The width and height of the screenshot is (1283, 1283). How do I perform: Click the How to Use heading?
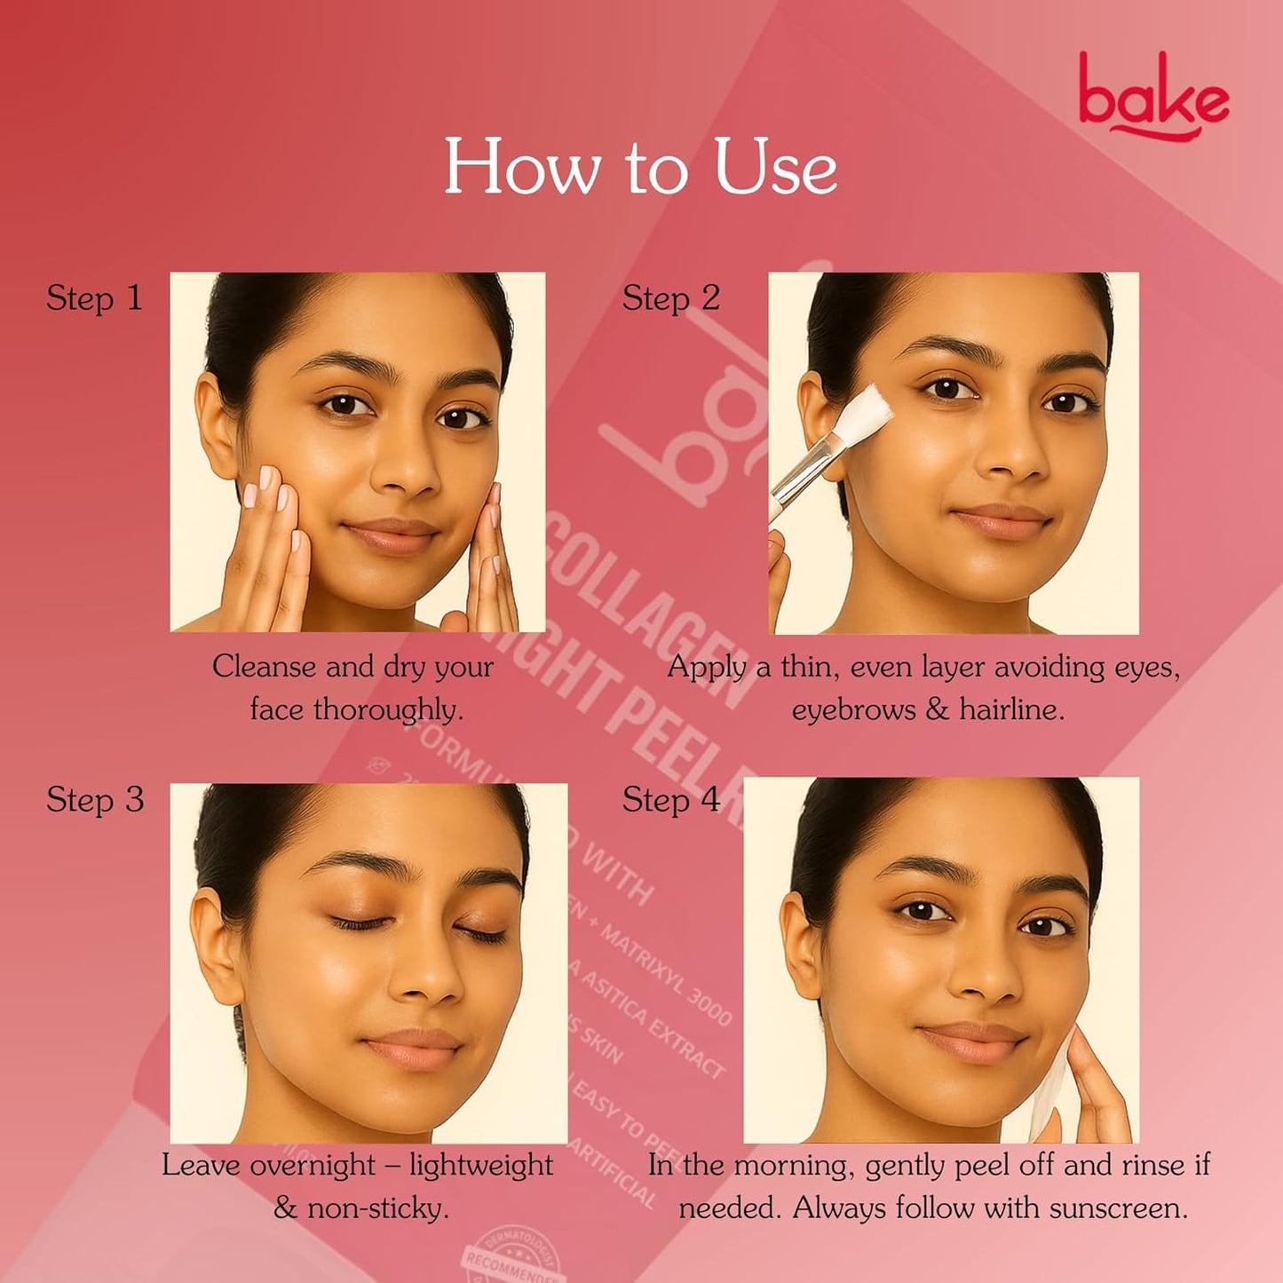(x=640, y=166)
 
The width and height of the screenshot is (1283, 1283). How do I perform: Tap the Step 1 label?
(x=94, y=298)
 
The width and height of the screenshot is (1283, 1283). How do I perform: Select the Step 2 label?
(x=670, y=298)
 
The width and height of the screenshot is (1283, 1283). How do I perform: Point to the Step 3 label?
(x=94, y=800)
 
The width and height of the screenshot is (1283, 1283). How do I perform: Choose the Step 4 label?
(x=670, y=800)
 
